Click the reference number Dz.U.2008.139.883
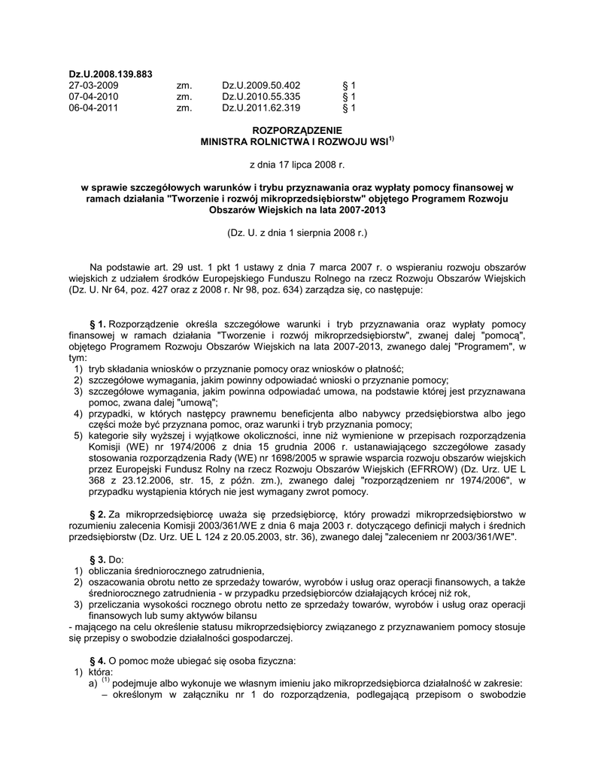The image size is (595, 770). tap(111, 74)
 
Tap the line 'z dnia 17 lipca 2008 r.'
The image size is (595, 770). tap(297, 163)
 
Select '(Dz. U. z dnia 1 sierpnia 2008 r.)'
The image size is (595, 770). tap(297, 234)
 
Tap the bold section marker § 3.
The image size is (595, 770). tap(98, 559)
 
